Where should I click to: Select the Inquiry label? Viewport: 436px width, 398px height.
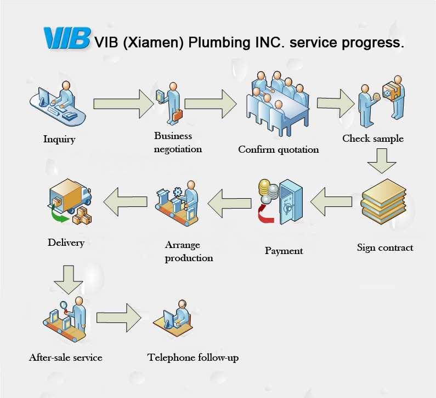59,139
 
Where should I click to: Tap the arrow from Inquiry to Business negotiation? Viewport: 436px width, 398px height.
124,103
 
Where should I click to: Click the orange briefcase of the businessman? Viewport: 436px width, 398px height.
178,116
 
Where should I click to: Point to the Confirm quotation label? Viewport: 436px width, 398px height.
278,149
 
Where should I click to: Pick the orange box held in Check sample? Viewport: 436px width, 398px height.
392,91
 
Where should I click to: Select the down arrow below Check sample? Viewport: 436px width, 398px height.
381,160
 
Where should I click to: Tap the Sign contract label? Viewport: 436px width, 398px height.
385,247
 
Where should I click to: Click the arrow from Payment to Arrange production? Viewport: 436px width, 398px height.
229,201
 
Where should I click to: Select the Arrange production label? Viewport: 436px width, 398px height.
189,251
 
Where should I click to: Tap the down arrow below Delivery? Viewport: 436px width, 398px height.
69,280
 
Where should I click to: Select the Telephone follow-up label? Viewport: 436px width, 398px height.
193,358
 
